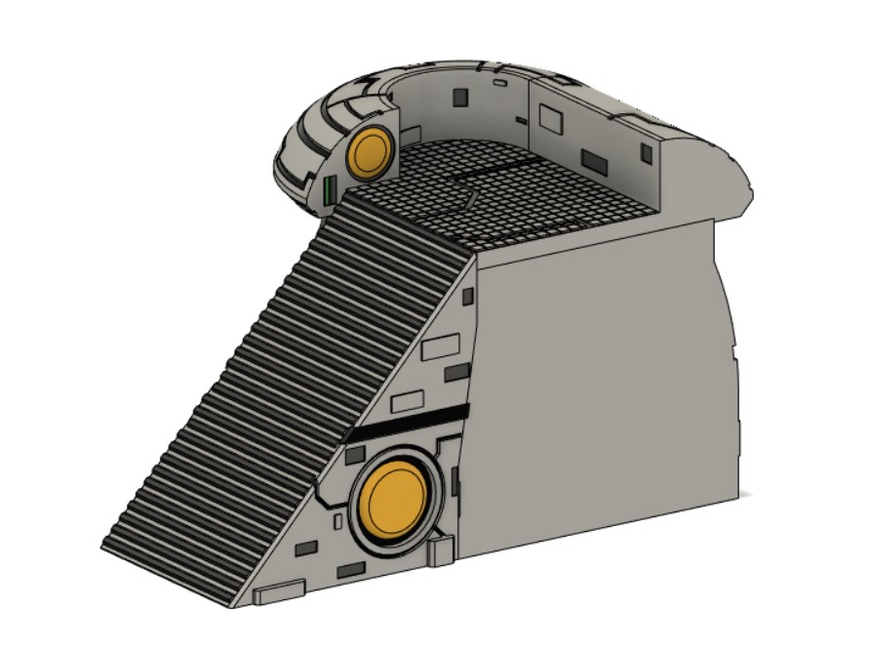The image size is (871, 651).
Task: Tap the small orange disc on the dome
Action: coord(371,153)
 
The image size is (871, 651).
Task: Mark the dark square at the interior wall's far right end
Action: coord(646,152)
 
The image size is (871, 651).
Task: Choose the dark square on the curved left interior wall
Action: coord(458,96)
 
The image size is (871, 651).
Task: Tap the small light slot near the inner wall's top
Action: coord(499,84)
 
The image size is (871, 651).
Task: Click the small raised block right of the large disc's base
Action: coord(442,549)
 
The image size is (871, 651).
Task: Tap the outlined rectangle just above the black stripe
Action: coord(407,401)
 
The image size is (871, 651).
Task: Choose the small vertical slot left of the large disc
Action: coord(337,523)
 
